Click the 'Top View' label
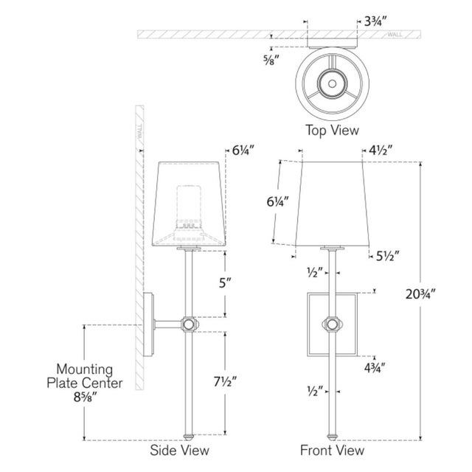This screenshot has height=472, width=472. tap(332, 131)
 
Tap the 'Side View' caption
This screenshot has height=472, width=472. tap(179, 451)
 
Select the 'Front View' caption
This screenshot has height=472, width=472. tap(332, 451)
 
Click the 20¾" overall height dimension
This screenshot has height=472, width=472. tap(420, 294)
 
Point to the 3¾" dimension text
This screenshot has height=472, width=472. tap(375, 21)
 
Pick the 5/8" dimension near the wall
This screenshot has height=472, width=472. tap(269, 60)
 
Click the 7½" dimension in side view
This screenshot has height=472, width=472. tap(225, 382)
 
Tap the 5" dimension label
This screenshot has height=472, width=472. tap(225, 283)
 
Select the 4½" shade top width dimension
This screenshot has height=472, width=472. tap(381, 150)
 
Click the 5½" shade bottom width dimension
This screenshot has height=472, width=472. tap(388, 256)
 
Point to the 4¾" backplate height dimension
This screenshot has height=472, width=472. tap(375, 368)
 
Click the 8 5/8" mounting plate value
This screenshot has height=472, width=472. tap(85, 398)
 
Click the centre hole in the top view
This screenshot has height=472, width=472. tap(332, 83)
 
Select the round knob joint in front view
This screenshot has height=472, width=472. tap(332, 324)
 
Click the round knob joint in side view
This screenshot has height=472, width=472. tap(189, 324)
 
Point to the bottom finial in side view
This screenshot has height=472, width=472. tap(189, 437)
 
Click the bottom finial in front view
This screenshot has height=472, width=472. tap(332, 437)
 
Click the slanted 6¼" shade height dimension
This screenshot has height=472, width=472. tap(277, 201)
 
